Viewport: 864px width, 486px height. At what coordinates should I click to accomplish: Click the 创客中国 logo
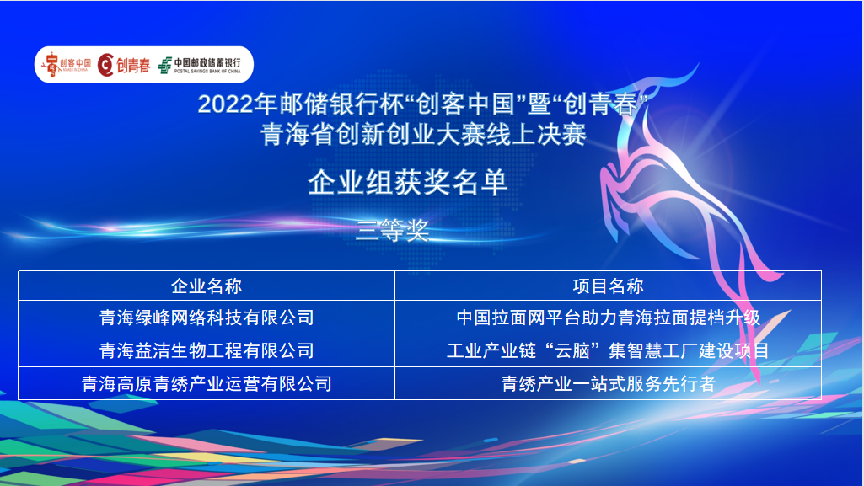click(67, 64)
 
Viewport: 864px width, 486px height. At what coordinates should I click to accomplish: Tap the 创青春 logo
click(124, 65)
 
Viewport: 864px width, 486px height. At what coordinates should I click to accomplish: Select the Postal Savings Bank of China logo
click(200, 65)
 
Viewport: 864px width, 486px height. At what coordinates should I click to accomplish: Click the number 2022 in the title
click(226, 104)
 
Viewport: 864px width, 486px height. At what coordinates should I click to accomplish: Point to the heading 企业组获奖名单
click(407, 182)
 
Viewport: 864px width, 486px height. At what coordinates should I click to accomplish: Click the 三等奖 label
click(392, 230)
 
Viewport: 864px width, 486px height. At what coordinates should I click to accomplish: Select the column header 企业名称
click(207, 286)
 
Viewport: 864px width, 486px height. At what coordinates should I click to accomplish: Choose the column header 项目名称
click(608, 286)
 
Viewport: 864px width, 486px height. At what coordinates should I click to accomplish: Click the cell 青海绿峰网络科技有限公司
click(207, 318)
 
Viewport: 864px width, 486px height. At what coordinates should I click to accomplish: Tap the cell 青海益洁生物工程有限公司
click(207, 350)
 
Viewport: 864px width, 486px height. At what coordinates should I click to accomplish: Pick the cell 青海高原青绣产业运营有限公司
click(207, 383)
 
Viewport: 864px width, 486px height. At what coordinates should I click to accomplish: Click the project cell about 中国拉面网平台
click(608, 318)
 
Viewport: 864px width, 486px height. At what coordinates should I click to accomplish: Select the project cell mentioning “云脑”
click(608, 350)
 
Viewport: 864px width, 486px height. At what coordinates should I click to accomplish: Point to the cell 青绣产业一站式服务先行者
click(608, 383)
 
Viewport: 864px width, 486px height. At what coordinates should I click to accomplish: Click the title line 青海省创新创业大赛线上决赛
click(423, 135)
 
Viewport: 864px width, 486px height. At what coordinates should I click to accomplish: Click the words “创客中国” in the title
click(466, 104)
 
